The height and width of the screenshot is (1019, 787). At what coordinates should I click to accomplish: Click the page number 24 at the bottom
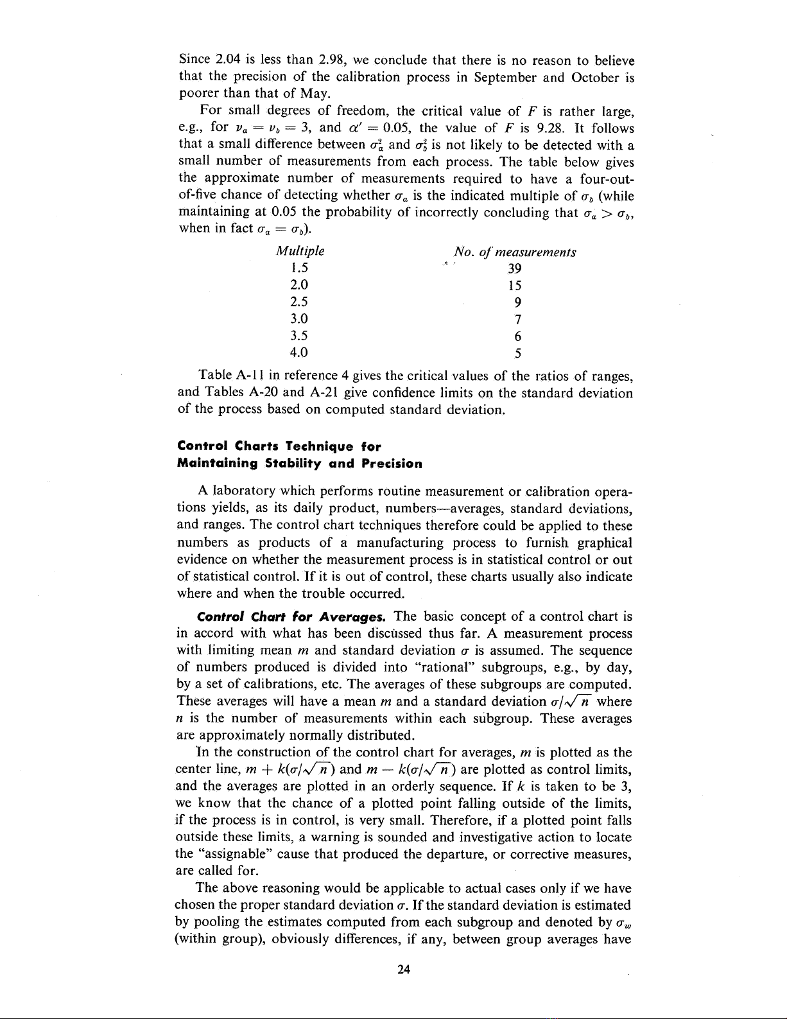404,970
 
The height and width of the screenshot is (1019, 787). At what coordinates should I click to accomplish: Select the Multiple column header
299,251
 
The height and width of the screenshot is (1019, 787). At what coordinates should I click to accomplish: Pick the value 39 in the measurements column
514,268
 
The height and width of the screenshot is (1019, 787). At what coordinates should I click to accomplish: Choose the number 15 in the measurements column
514,286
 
